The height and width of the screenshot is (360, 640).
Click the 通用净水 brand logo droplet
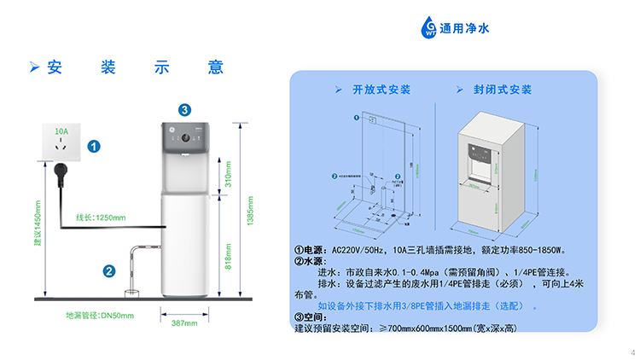[428, 28]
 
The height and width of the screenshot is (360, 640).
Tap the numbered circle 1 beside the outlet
[95, 147]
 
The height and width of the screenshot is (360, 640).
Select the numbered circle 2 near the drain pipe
[109, 271]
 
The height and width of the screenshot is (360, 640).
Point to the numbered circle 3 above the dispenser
[185, 108]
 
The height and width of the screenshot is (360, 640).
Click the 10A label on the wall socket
[61, 132]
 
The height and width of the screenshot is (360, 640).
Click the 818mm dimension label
[228, 254]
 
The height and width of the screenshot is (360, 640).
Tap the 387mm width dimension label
[184, 323]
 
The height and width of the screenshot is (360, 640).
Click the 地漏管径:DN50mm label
[100, 316]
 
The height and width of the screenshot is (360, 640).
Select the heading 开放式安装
[381, 90]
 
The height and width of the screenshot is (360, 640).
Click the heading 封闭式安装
[503, 90]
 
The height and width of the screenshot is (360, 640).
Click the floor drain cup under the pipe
[133, 293]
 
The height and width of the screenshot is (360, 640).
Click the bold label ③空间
[309, 317]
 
